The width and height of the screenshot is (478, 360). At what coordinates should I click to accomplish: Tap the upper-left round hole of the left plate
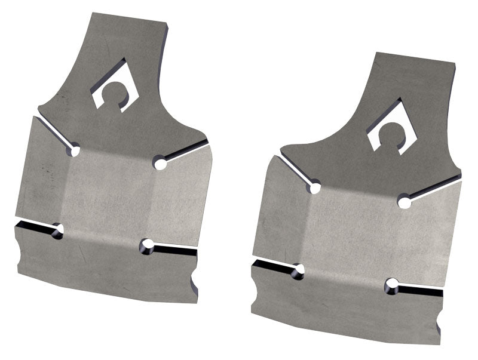(73, 150)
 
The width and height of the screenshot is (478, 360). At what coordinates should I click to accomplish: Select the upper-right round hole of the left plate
(159, 162)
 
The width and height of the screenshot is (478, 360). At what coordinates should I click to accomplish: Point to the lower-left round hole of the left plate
(57, 230)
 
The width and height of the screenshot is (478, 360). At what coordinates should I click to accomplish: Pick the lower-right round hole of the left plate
(147, 245)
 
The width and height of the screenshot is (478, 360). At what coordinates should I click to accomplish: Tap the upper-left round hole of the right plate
(314, 189)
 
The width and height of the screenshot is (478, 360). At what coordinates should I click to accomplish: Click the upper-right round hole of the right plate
(405, 202)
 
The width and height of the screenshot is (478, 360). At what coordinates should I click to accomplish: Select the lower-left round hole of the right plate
(298, 272)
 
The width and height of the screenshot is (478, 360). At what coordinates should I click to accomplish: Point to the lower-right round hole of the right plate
(393, 286)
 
